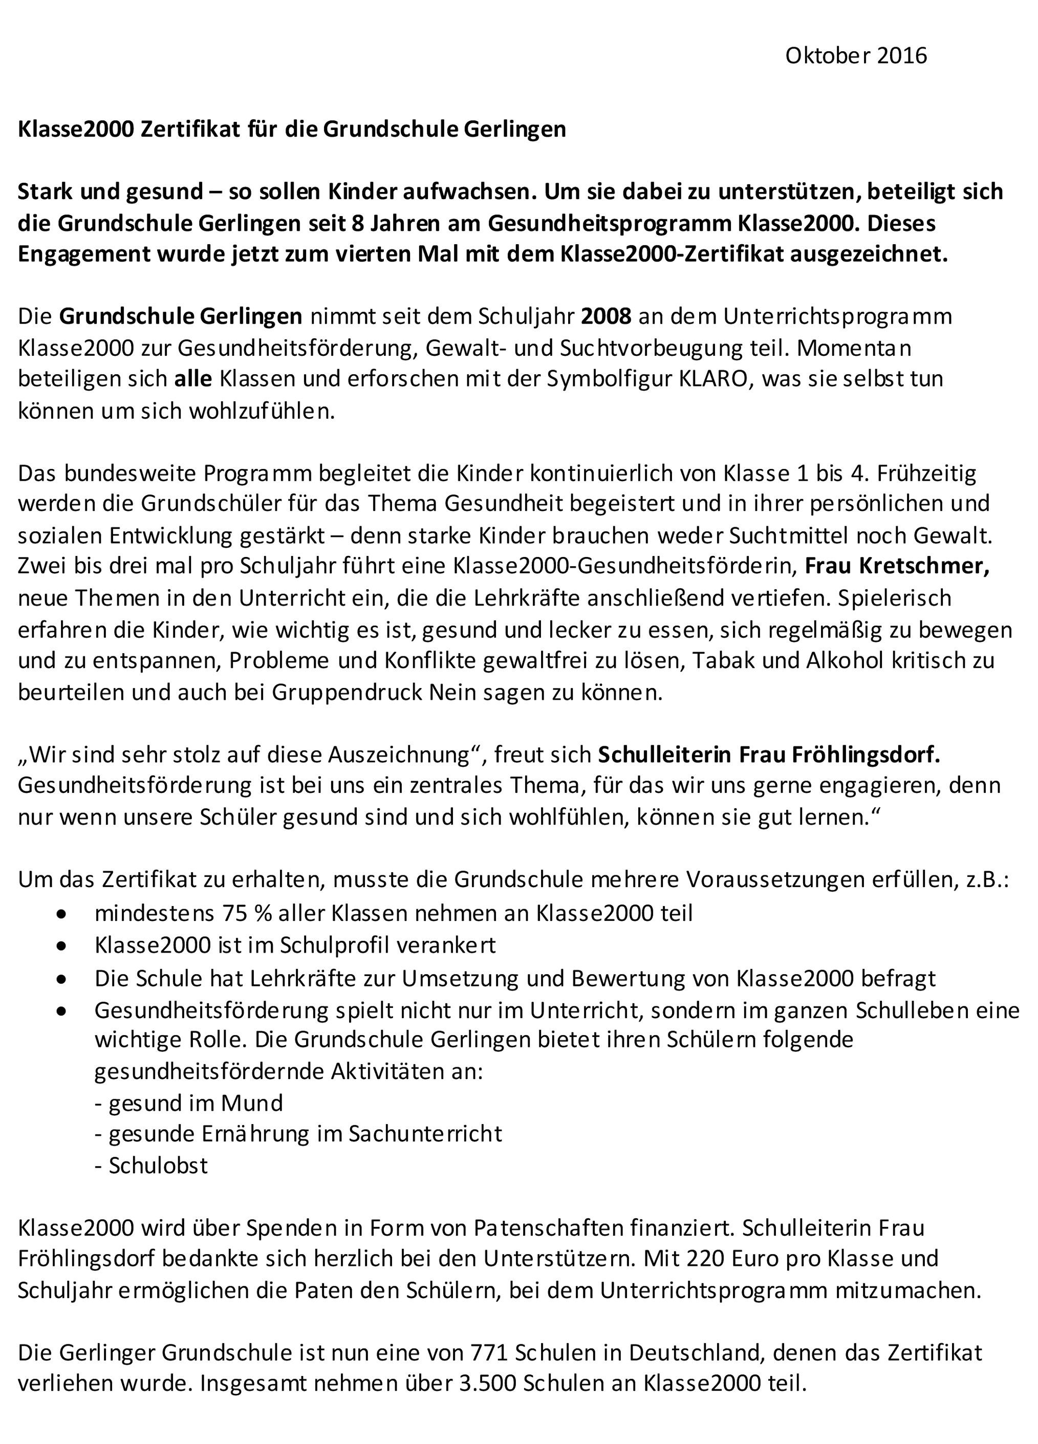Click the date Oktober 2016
tap(855, 56)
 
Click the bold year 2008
tap(605, 316)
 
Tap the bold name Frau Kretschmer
tap(897, 567)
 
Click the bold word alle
tap(193, 379)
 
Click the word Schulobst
tap(158, 1165)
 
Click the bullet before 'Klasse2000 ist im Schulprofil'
tap(61, 945)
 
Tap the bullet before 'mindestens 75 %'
tap(61, 914)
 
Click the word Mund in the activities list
tap(258, 1103)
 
